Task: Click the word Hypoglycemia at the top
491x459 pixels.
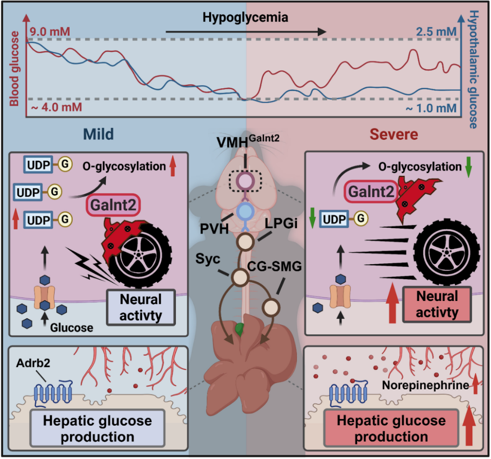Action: coord(245,18)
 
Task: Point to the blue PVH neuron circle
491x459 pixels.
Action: coord(245,212)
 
